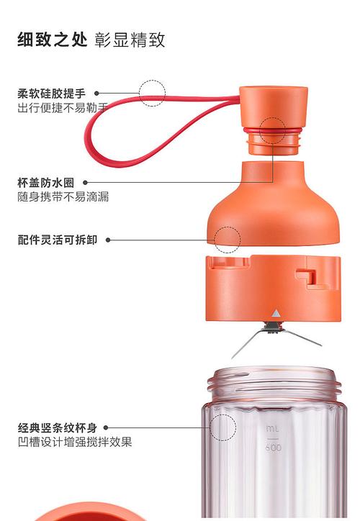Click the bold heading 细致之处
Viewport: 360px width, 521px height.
pyautogui.click(x=52, y=40)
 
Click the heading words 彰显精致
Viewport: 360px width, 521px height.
pyautogui.click(x=130, y=40)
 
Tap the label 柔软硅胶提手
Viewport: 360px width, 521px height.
pyautogui.click(x=52, y=94)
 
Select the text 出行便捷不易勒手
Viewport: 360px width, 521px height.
pyautogui.click(x=63, y=108)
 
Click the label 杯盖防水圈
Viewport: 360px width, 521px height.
pyautogui.click(x=46, y=182)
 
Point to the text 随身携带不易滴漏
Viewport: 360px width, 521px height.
pyautogui.click(x=63, y=196)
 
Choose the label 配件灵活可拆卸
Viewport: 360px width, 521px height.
pyautogui.click(x=57, y=240)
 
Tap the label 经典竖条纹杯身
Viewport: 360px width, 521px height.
pyautogui.click(x=57, y=427)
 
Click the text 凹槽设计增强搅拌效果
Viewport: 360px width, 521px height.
pyautogui.click(x=75, y=442)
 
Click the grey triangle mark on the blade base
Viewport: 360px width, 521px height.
pyautogui.click(x=276, y=313)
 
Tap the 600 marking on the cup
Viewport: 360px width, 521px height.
pyautogui.click(x=274, y=448)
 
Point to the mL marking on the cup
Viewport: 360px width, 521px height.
pyautogui.click(x=273, y=429)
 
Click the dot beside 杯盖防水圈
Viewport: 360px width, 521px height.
pyautogui.click(x=86, y=182)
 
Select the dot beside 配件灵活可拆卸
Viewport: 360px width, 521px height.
pyautogui.click(x=108, y=240)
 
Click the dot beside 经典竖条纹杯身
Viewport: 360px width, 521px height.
pyautogui.click(x=106, y=427)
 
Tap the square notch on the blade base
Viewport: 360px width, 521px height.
pyautogui.click(x=305, y=276)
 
